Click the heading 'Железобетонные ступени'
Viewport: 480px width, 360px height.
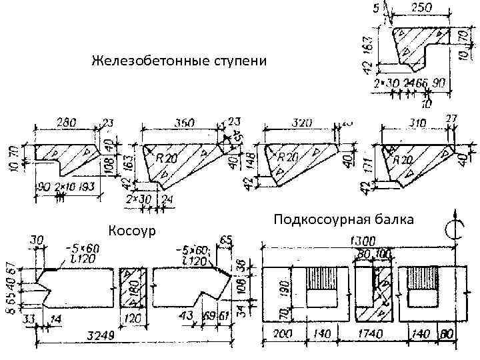click(x=178, y=62)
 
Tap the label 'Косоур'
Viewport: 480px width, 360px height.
click(x=131, y=231)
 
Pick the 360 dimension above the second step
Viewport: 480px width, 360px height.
click(x=184, y=123)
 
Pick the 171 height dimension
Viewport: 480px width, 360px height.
click(x=368, y=169)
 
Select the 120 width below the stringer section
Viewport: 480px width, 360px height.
click(x=131, y=319)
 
